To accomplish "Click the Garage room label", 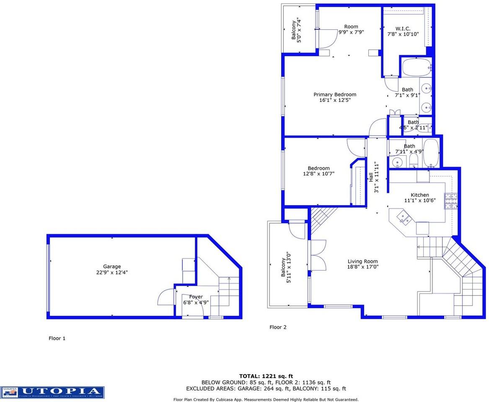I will [x=112, y=266].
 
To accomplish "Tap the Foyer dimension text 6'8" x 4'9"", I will [x=196, y=302].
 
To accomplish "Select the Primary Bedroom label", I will [x=335, y=95].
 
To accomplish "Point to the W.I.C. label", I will [x=396, y=28].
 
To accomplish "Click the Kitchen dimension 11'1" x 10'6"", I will [x=419, y=201].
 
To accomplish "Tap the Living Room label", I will [x=362, y=261].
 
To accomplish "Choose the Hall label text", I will [x=370, y=177].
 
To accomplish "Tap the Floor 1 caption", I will [x=57, y=338].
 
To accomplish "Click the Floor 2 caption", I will [x=278, y=327].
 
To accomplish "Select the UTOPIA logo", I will [x=52, y=392].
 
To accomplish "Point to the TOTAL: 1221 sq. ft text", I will [x=266, y=376].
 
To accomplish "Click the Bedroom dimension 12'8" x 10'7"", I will [x=318, y=174].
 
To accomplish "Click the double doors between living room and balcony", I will [x=318, y=256].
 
